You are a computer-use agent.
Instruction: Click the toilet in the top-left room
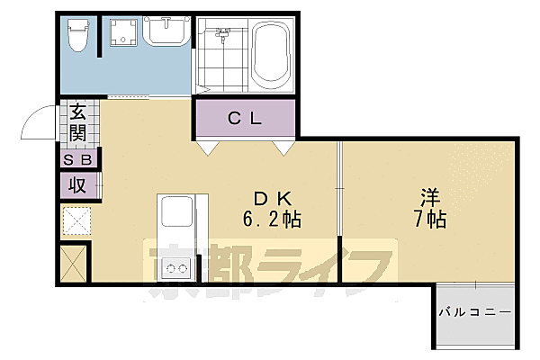[78, 36]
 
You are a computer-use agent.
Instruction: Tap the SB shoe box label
[78, 159]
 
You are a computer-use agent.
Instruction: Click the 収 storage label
[78, 185]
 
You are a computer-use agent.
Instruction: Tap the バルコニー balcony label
[475, 313]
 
